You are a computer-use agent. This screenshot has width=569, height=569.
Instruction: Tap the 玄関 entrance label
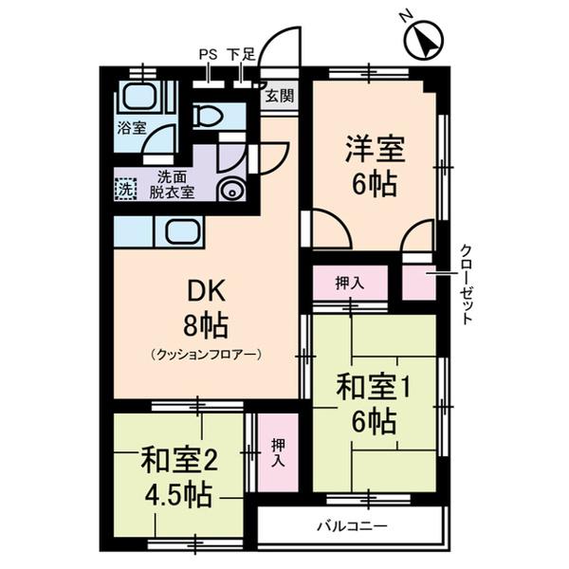click(x=279, y=95)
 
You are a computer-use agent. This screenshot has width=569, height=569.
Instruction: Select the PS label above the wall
click(x=208, y=55)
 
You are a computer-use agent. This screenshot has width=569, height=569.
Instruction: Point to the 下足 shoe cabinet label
click(x=241, y=55)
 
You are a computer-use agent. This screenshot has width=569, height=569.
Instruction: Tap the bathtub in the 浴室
click(x=141, y=96)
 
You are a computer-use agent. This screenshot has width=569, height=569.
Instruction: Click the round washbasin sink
click(x=230, y=189)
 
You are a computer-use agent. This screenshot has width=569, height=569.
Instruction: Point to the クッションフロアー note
click(x=205, y=355)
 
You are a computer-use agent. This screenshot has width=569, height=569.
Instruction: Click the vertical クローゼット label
click(x=467, y=284)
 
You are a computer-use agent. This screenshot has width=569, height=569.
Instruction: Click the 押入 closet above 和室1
click(x=349, y=282)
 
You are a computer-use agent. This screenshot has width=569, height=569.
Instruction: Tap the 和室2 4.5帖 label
click(x=179, y=478)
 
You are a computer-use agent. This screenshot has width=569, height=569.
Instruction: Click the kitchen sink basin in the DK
click(x=178, y=230)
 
